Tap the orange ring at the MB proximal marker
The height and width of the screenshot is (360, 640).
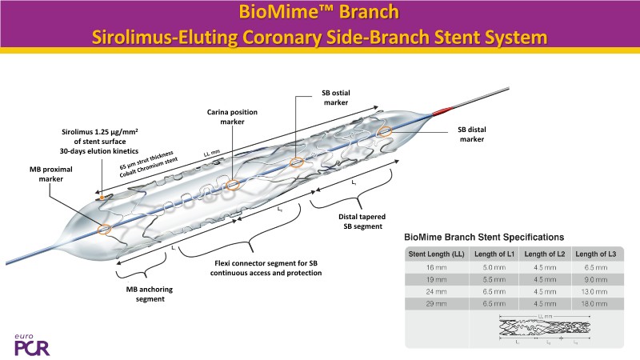coord(104,230)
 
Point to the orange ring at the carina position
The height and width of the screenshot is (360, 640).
coord(233,186)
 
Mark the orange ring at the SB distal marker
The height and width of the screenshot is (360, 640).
coord(386,130)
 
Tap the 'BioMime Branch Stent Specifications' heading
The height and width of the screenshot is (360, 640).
coord(484,237)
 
